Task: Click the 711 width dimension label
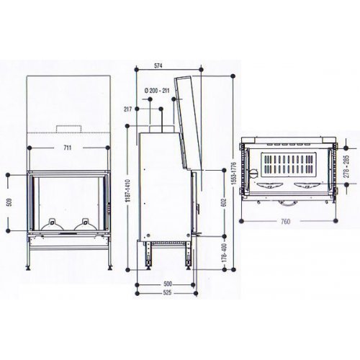pos(68,148)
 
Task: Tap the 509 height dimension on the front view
pos(9,202)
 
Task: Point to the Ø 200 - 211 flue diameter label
pos(157,91)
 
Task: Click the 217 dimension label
pos(128,109)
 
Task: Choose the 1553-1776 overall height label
pos(235,173)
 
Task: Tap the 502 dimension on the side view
pos(224,202)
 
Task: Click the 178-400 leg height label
pos(224,253)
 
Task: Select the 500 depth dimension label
pos(168,284)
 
